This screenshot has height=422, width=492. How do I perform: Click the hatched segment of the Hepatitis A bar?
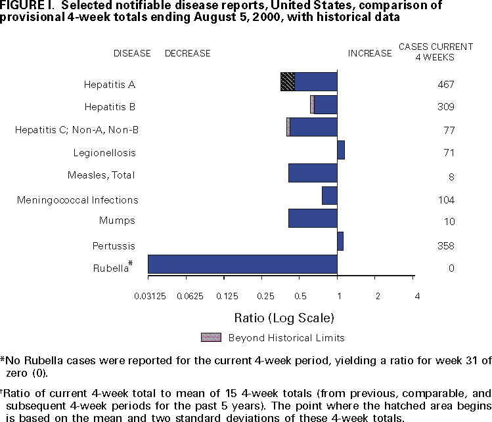click(x=287, y=81)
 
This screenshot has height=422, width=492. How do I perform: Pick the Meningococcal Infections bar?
click(x=330, y=196)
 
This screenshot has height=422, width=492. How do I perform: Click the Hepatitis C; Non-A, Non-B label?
click(x=77, y=131)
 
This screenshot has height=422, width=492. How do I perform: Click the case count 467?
click(x=446, y=85)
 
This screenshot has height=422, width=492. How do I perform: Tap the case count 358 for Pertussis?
click(x=446, y=246)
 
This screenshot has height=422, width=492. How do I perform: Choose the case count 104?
click(x=446, y=200)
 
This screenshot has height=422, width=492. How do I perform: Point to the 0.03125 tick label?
click(x=150, y=296)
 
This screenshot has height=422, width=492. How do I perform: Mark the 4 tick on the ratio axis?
click(x=417, y=296)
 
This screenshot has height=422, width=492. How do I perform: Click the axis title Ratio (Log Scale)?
click(x=284, y=318)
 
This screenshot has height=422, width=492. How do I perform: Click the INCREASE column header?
click(x=369, y=53)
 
